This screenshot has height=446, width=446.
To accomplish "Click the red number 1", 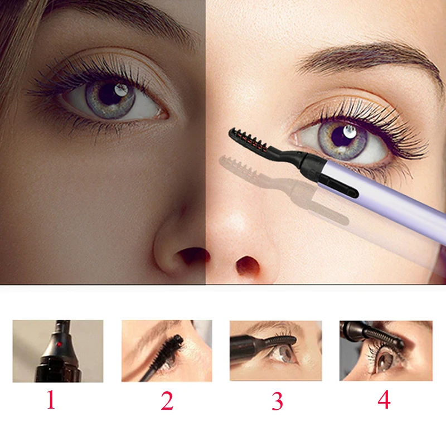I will coord(51,400).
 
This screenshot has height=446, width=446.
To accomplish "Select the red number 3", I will coord(277,401).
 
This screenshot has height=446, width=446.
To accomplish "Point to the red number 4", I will coord(384,400).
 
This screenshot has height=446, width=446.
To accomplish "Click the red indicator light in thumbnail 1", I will coord(58,345).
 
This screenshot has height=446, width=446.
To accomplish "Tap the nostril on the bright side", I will coord(245,265).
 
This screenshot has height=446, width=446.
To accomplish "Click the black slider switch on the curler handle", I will coord(340,186).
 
